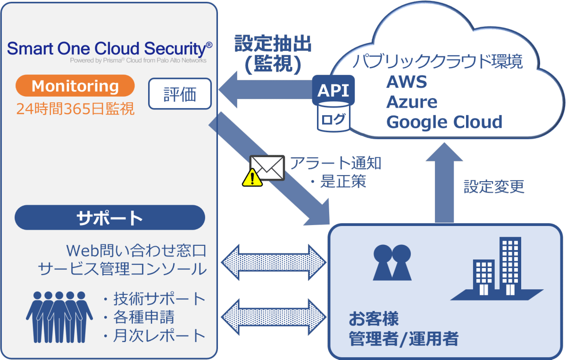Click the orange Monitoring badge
(x=75, y=86)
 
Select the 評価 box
(x=180, y=93)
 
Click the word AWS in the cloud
(x=407, y=82)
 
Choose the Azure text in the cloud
(x=412, y=102)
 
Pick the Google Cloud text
(x=444, y=122)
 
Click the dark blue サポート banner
(x=110, y=218)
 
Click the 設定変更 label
(x=494, y=186)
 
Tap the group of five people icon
(x=59, y=316)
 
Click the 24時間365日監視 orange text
(x=75, y=109)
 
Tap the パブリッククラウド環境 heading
(x=439, y=62)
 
